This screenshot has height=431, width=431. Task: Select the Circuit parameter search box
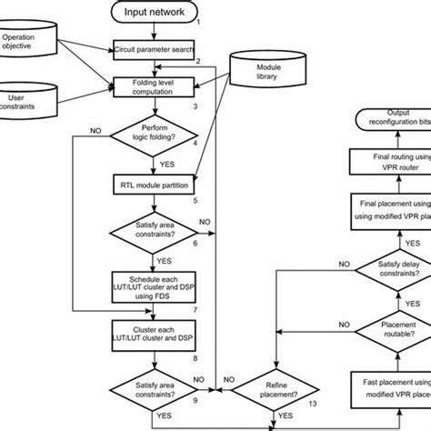coord(155,48)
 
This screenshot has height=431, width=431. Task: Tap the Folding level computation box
coord(155,87)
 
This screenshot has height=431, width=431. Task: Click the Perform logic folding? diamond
coord(155,134)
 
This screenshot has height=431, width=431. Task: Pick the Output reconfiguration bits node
coord(391,119)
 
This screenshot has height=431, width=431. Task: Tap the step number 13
coord(312,403)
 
